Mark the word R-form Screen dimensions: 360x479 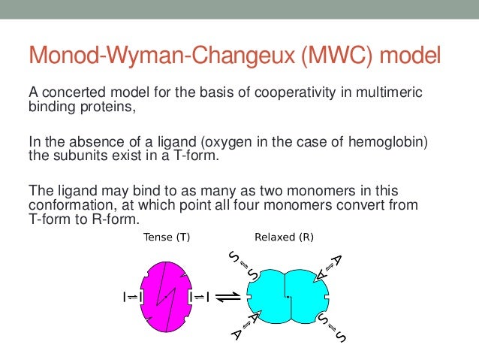[122, 219]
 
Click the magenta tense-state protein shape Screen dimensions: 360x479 [165, 296]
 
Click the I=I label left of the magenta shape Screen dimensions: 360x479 [131, 297]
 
